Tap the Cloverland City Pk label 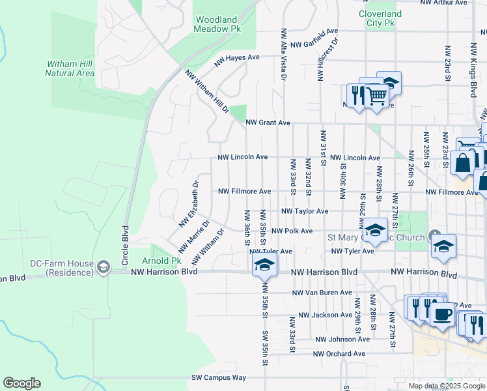[380, 18]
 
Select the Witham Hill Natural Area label [70, 68]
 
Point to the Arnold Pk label [166, 261]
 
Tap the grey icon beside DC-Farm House [103, 267]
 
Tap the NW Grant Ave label [268, 123]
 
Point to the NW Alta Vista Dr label [283, 54]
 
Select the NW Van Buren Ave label [322, 293]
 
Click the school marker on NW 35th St [264, 264]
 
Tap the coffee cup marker [443, 313]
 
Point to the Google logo [21, 383]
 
